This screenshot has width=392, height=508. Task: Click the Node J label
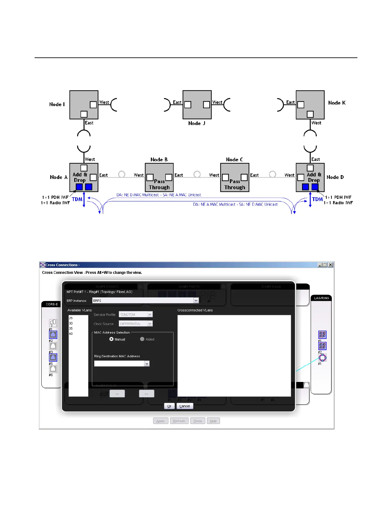point(197,123)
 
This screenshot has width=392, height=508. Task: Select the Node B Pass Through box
point(159,177)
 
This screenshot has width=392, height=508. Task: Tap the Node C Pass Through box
point(235,177)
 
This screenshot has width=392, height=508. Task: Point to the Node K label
point(337,103)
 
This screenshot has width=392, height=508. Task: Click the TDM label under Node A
point(77,199)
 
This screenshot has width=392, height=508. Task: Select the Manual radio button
point(111,339)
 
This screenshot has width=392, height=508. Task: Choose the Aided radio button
point(142,339)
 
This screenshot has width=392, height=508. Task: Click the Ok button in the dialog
point(169,406)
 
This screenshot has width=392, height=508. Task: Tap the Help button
point(213,421)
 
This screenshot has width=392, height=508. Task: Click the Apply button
point(160,421)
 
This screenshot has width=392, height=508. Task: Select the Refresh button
point(179,421)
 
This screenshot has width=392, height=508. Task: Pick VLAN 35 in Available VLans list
point(71,328)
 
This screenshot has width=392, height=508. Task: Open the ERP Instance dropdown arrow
point(196,301)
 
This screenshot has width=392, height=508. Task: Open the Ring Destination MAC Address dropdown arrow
point(147,364)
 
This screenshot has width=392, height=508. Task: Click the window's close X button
point(331,265)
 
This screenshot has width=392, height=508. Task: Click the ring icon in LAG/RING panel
point(323,358)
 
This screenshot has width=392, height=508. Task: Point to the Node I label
point(57,105)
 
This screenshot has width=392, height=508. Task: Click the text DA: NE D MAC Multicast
point(138,195)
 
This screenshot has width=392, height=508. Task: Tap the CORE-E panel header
point(52,304)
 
